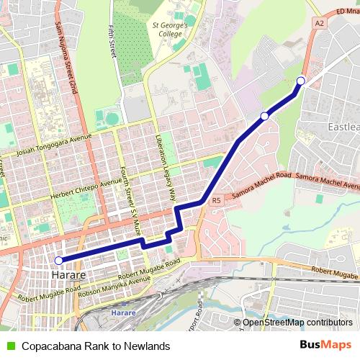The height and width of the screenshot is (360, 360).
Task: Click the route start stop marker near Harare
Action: [x=59, y=261]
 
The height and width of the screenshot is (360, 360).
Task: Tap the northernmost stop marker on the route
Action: [x=301, y=81]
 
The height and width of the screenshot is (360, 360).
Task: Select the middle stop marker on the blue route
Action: [x=264, y=116]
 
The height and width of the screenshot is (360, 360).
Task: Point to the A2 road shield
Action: [x=319, y=24]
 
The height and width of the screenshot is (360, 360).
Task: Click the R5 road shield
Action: [x=215, y=202]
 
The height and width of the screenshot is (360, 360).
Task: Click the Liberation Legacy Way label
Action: [x=166, y=166]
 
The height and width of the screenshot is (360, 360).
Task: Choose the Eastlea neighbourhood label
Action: [x=343, y=127]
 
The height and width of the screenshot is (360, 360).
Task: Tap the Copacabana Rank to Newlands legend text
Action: [x=95, y=346]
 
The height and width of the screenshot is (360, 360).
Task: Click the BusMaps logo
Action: [x=326, y=345]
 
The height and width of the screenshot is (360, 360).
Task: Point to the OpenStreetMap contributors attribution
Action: [x=297, y=323]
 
